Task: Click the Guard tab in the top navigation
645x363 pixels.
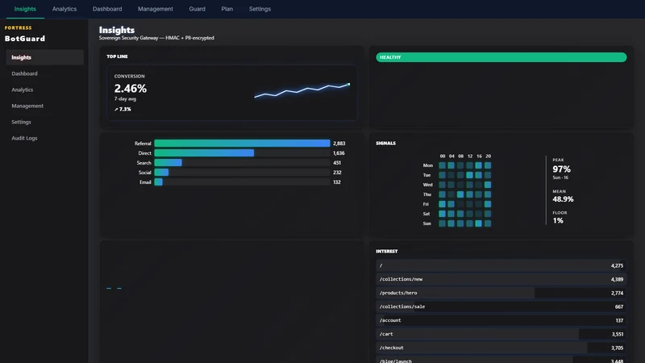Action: pos(197,9)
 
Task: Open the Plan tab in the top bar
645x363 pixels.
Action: pos(227,9)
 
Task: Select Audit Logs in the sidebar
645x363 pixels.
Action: pos(24,138)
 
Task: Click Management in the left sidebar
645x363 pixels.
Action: pos(27,106)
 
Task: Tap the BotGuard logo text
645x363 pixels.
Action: pos(25,39)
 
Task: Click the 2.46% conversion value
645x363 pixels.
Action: pos(131,89)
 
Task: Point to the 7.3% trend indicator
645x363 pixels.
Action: pos(123,110)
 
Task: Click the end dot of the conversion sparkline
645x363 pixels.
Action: pos(349,85)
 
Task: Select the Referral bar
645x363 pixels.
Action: pos(243,144)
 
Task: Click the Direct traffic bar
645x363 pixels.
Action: pos(205,153)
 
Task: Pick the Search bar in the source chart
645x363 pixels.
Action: pos(169,163)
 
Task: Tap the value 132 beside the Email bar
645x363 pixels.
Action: pos(337,182)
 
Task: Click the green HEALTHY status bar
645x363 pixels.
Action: pos(501,57)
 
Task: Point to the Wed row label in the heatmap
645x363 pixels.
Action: pos(428,185)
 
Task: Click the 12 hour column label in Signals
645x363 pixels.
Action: pos(470,156)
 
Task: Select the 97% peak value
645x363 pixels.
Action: pos(561,169)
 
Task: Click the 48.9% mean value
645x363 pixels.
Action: pos(563,199)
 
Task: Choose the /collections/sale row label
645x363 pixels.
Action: pos(402,307)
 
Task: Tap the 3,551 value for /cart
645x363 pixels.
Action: pos(617,334)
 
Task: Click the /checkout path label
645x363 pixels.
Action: pos(392,348)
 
